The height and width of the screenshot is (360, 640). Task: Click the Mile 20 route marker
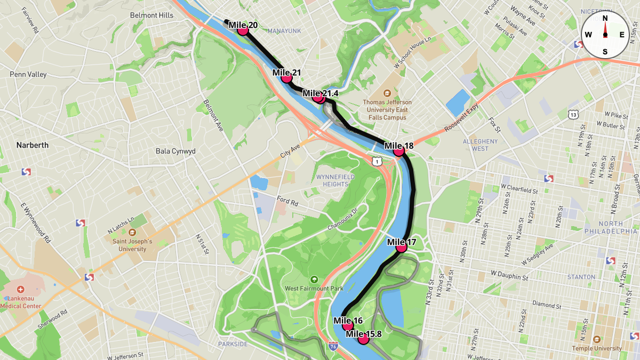point(243,30)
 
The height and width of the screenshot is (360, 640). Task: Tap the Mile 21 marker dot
point(286,78)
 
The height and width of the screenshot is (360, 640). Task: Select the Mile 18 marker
point(398,151)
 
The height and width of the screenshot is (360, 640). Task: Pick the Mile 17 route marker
point(401,247)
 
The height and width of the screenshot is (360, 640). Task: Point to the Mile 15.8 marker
point(364,339)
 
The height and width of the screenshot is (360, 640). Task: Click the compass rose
point(605,35)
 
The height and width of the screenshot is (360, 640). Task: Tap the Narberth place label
point(32,145)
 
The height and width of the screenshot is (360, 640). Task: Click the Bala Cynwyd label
point(175,151)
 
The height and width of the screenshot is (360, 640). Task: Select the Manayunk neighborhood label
point(284,31)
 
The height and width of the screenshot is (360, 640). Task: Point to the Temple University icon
point(596,339)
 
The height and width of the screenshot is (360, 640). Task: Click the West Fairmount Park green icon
point(314,279)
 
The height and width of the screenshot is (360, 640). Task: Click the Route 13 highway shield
point(573,114)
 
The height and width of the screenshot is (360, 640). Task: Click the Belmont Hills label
point(151,15)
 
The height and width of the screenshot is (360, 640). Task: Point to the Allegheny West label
point(479,145)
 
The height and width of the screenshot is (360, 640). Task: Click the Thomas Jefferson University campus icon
point(387,93)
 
